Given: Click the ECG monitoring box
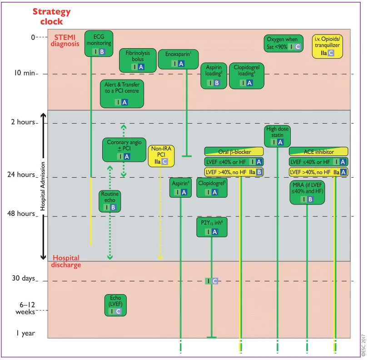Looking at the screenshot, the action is tap(99, 44).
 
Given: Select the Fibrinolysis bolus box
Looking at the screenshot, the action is tap(138, 60).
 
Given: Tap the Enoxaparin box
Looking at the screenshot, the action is tap(179, 59).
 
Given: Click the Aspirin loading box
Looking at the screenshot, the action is tap(214, 75).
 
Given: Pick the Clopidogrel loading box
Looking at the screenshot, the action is tap(247, 75).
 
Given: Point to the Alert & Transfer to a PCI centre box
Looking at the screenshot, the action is tap(122, 94).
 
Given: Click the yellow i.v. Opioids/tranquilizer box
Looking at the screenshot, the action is tap(328, 46).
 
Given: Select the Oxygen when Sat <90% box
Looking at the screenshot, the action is tap(283, 44).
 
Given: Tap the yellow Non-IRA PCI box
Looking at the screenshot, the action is tap(161, 156).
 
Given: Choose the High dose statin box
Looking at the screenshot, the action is tap(278, 136).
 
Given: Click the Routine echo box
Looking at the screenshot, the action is tap(110, 201).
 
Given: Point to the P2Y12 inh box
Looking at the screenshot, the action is tap(212, 227).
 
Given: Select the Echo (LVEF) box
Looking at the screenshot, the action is tap(115, 305).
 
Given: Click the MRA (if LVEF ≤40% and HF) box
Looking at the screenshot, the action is tap(307, 192).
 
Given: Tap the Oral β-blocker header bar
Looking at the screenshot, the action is tap(234, 151).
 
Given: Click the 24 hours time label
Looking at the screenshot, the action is tap(21, 175).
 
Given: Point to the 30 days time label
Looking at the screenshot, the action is tap(24, 278).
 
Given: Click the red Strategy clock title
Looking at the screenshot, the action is tap(52, 16).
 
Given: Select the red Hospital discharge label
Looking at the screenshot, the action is tap(66, 261).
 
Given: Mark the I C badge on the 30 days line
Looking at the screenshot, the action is tap(211, 281).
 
